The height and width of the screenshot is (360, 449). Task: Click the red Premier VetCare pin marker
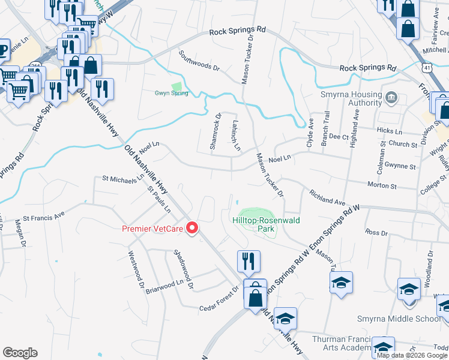(193, 228)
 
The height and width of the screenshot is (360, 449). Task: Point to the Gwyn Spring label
(172, 93)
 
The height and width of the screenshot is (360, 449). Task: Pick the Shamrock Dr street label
(215, 132)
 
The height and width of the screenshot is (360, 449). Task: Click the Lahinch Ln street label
(235, 135)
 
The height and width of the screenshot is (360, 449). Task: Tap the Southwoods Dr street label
(199, 61)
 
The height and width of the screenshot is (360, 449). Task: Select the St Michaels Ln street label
(123, 178)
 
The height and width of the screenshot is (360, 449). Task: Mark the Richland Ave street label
(328, 199)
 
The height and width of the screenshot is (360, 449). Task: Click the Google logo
(20, 353)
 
